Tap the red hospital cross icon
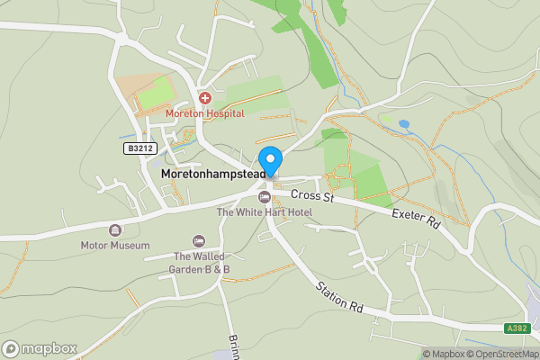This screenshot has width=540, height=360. click(205, 98)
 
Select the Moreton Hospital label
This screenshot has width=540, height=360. click(205, 113)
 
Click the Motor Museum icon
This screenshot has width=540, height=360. click(115, 230)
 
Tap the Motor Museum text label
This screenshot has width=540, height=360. click(115, 245)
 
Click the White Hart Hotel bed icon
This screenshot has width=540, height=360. click(264, 197)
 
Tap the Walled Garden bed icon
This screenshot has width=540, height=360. click(200, 241)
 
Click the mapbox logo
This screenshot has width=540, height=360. click(40, 348)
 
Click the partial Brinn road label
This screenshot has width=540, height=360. click(234, 346)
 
